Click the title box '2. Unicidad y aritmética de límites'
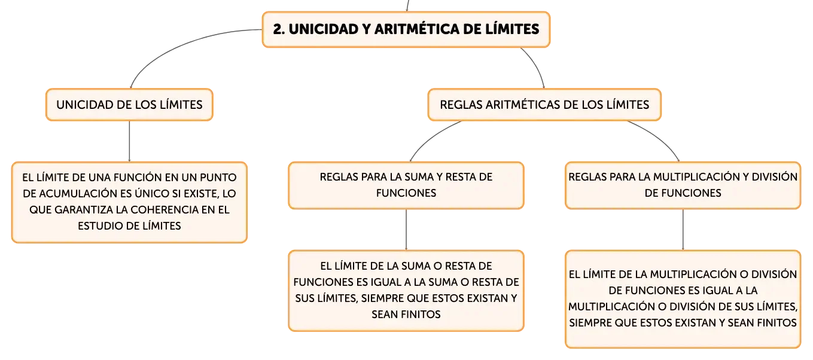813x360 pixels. [x=406, y=29]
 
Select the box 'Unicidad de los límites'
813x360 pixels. [x=129, y=105]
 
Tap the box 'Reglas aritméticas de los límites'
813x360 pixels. [x=544, y=105]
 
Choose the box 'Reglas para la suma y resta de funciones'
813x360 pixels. [x=406, y=185]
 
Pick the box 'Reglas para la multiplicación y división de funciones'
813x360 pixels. [x=683, y=185]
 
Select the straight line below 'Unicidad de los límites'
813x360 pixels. [x=129, y=141]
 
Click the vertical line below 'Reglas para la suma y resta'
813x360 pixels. [x=406, y=230]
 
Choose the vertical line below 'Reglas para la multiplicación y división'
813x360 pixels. [x=683, y=230]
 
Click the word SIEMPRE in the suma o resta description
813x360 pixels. [x=382, y=298]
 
